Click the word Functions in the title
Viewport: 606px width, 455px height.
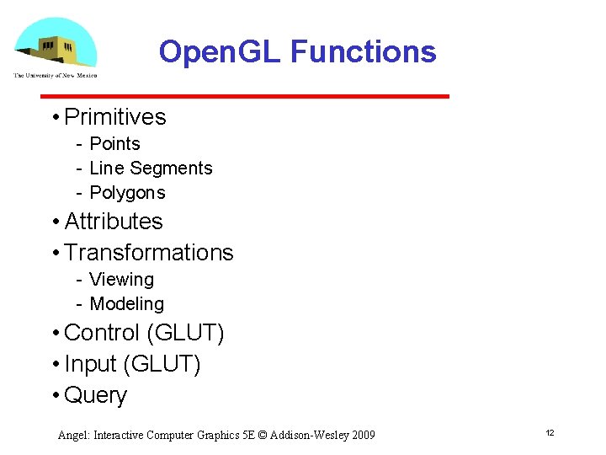[363, 52]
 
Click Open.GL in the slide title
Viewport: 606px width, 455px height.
[220, 52]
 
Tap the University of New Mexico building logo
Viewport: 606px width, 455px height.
[56, 43]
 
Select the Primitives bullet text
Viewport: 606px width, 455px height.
[115, 116]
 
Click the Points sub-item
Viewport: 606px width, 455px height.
[114, 144]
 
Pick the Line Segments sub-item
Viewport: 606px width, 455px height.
[151, 169]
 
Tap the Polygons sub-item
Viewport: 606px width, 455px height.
[127, 193]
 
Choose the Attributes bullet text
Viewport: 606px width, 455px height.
[114, 222]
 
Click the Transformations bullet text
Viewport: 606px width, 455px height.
[149, 253]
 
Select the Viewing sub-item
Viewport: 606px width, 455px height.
[121, 280]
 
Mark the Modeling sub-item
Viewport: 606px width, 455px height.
[126, 304]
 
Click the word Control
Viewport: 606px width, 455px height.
[102, 333]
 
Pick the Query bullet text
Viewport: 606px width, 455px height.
[95, 395]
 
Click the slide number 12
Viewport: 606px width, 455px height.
[550, 433]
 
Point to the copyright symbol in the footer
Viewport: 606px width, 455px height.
[262, 436]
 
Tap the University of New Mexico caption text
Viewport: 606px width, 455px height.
[56, 76]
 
